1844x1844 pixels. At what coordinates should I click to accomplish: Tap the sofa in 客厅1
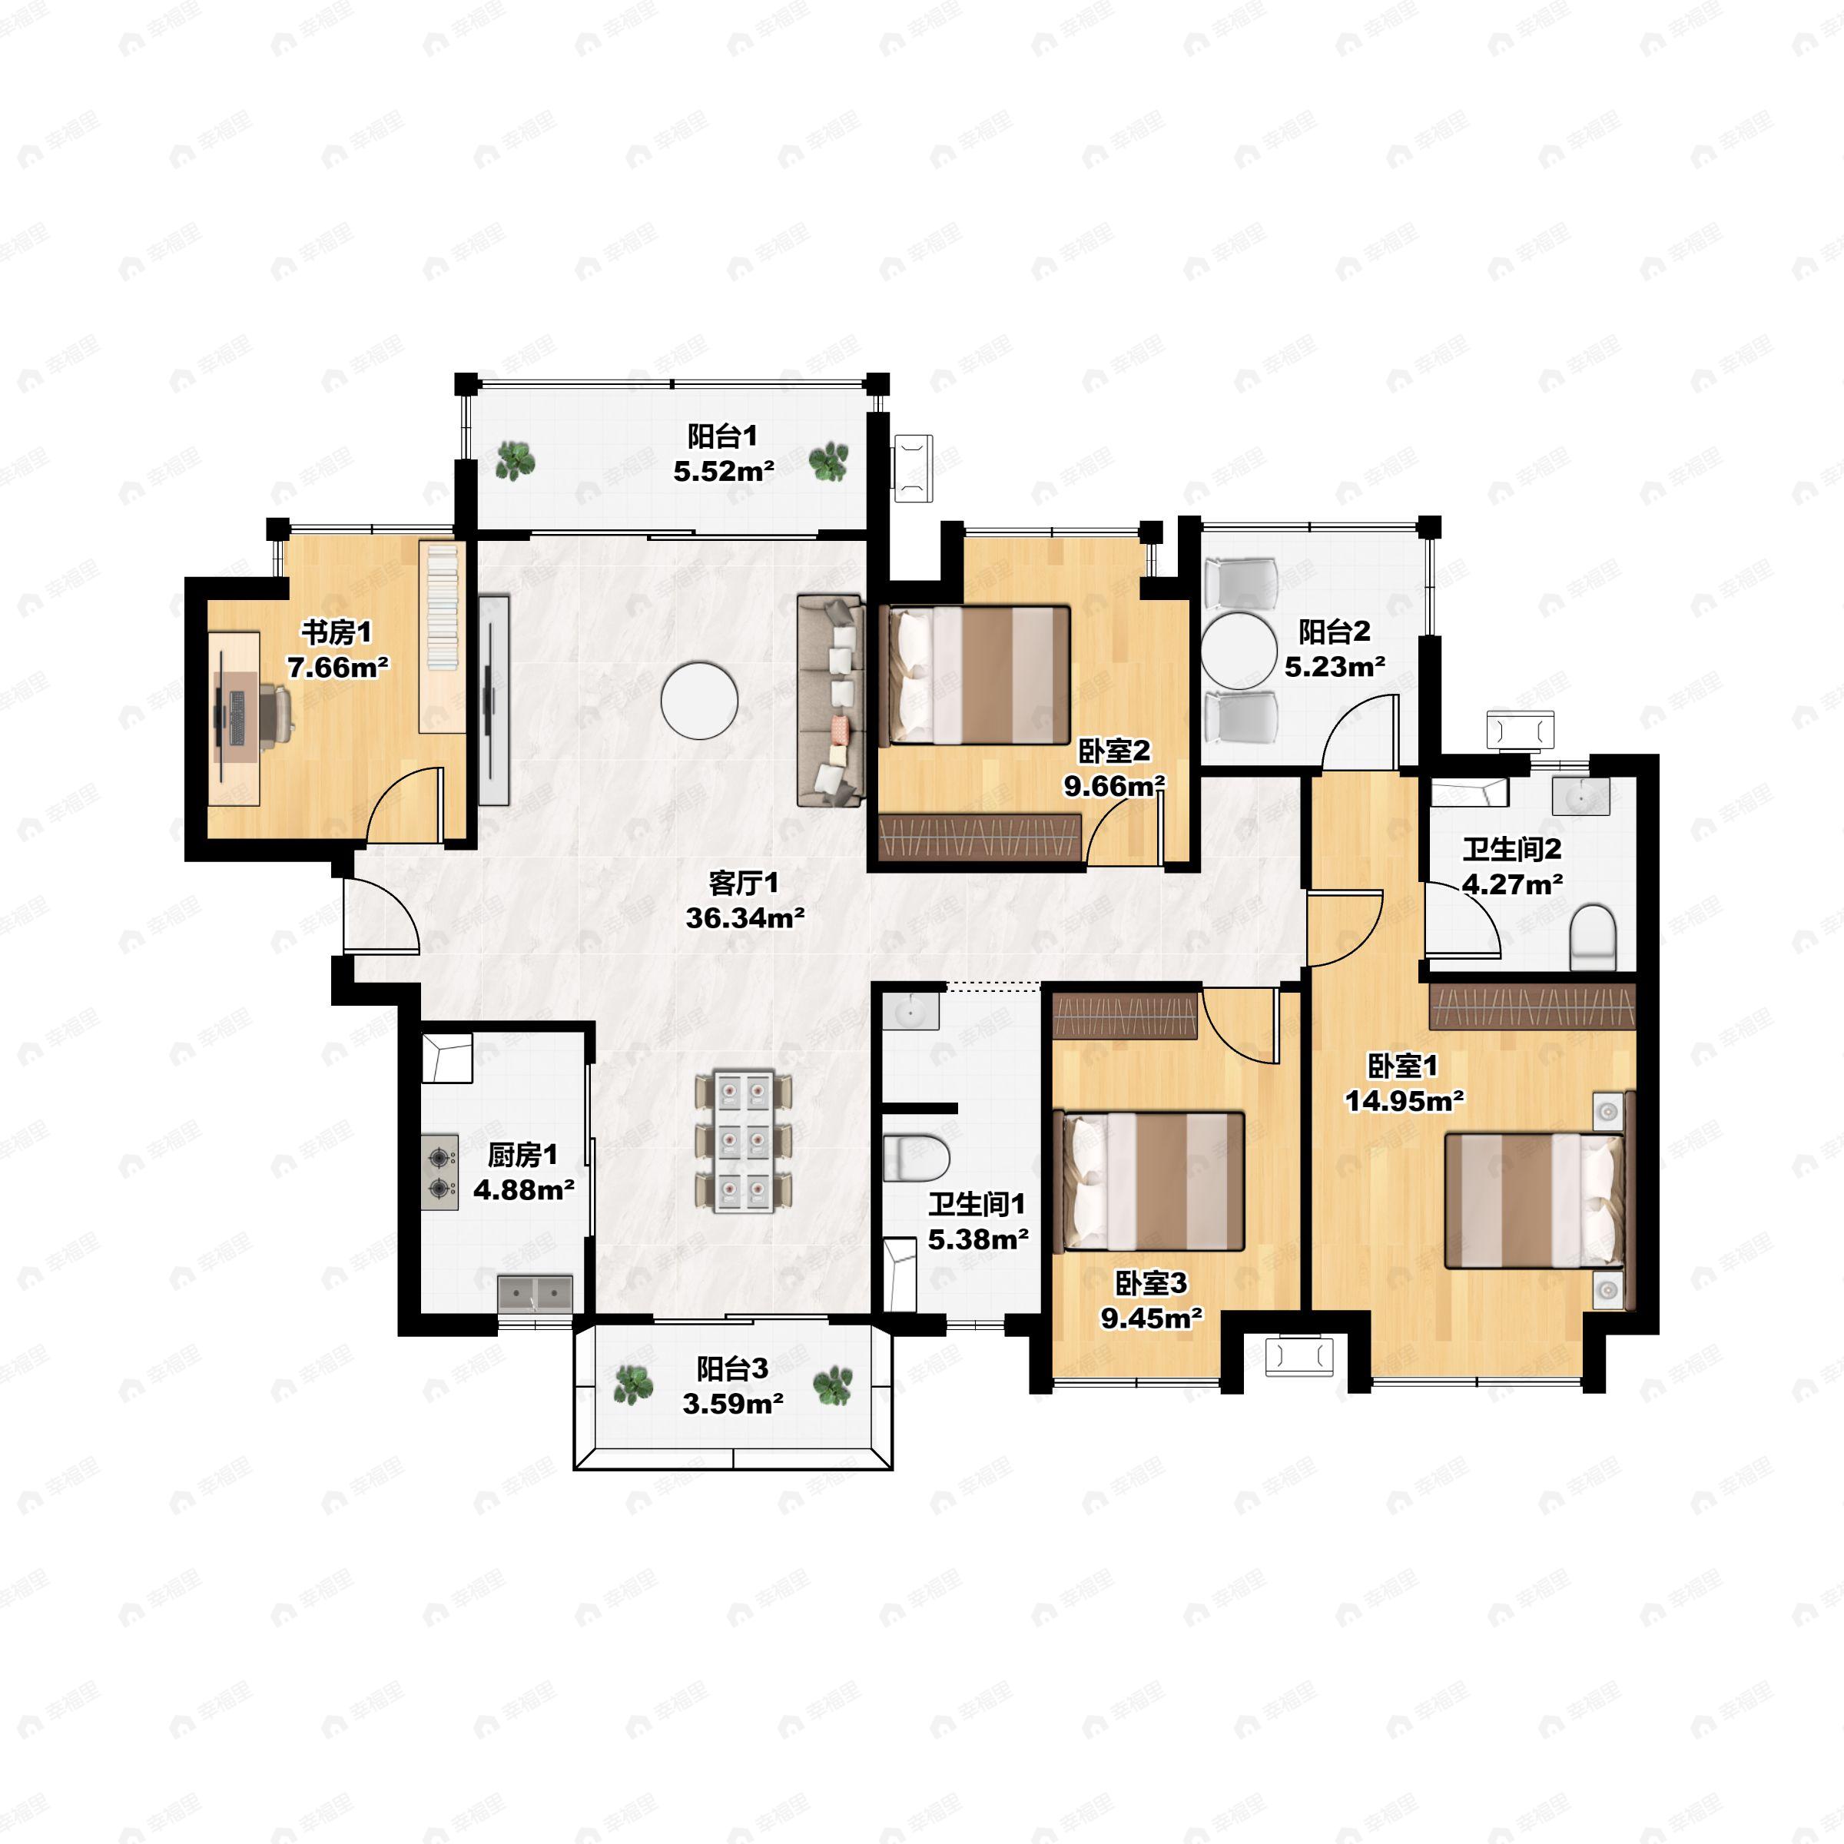point(831,701)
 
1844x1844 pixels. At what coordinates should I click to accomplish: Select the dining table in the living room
point(744,1143)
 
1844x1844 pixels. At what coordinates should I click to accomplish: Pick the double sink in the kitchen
point(536,1293)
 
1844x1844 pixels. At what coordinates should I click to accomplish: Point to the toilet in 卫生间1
point(917,1158)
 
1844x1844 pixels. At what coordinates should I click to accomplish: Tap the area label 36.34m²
point(745,918)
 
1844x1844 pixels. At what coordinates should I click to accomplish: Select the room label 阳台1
point(722,436)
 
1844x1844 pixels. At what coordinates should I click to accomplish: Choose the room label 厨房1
point(523,1155)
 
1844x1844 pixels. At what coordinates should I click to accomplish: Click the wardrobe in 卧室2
point(980,839)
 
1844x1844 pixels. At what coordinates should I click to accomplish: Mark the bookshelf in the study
point(441,635)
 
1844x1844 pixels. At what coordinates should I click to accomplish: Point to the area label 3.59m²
point(733,1403)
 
